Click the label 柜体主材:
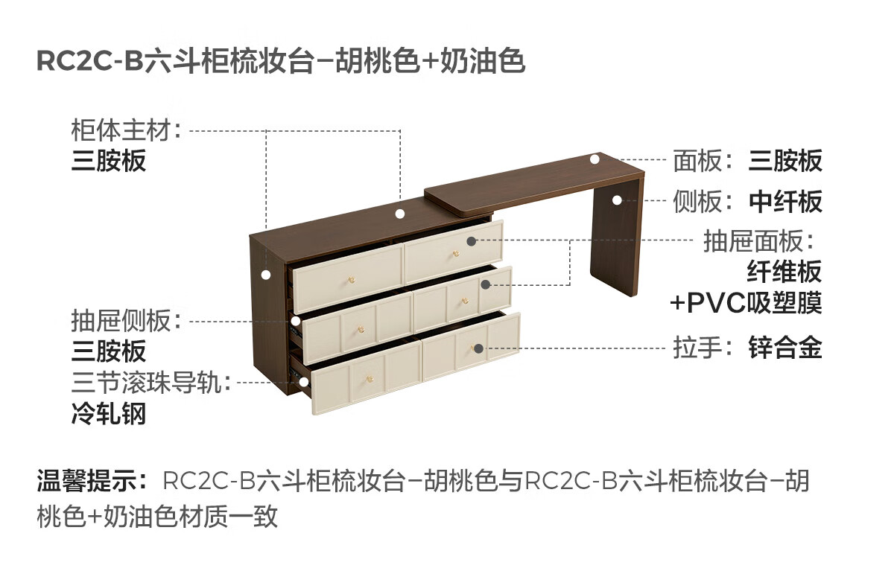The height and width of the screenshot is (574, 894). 127,130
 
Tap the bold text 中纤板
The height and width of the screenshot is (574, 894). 785,201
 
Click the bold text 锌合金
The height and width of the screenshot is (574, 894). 785,348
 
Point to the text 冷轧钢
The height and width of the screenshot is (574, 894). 109,413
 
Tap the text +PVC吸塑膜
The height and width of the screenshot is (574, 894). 745,304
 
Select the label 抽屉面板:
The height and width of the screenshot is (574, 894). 756,241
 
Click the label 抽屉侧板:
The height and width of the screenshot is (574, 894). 127,322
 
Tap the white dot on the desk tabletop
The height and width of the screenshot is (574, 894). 595,159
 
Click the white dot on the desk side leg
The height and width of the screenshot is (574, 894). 617,200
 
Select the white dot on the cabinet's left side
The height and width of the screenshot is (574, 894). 265,274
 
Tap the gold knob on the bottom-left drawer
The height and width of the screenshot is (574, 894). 368,382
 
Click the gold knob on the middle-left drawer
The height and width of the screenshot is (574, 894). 364,330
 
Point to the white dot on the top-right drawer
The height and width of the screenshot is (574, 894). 471,241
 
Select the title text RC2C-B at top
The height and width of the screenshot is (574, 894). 89,62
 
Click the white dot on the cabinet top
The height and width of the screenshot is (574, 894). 400,214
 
